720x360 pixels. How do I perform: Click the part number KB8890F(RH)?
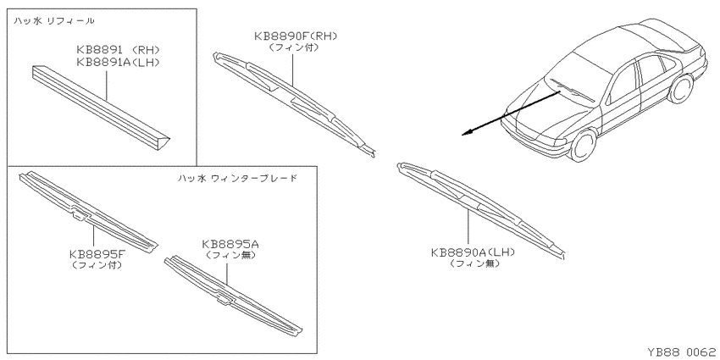pyautogui.click(x=296, y=36)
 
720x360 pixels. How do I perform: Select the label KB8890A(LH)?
pyautogui.click(x=473, y=252)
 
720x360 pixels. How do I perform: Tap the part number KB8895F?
pyautogui.click(x=97, y=254)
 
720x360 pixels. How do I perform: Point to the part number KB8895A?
pyautogui.click(x=230, y=244)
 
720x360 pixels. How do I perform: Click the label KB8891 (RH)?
pyautogui.click(x=118, y=50)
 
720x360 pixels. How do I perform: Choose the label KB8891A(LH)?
pyautogui.click(x=118, y=62)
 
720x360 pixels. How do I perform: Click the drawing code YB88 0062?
pyautogui.click(x=681, y=352)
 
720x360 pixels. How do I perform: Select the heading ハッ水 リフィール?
pyautogui.click(x=54, y=20)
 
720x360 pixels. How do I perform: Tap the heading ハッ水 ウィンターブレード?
pyautogui.click(x=237, y=178)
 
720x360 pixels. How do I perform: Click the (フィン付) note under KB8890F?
pyautogui.click(x=294, y=47)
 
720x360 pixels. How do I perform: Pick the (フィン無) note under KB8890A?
pyautogui.click(x=475, y=263)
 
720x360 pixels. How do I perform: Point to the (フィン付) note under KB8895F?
pyautogui.click(x=97, y=265)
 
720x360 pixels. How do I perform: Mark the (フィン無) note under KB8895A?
pyautogui.click(x=230, y=254)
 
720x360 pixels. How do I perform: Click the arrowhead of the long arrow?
pyautogui.click(x=465, y=134)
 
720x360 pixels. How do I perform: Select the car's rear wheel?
pyautogui.click(x=681, y=89)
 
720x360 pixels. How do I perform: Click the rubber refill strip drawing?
pyautogui.click(x=101, y=108)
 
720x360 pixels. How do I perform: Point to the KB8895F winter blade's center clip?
pyautogui.click(x=80, y=213)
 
